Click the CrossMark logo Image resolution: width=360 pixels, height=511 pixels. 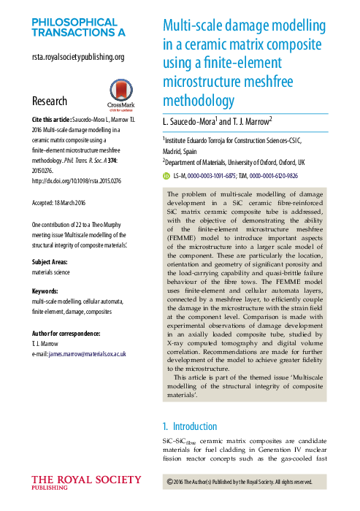pos(112,93)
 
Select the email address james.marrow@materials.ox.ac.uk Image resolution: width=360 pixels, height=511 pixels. pos(89,353)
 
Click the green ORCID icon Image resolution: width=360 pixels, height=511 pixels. pos(166,176)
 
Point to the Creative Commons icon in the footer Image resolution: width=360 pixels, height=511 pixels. pos(171,482)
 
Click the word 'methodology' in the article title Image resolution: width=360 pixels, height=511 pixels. pos(197,100)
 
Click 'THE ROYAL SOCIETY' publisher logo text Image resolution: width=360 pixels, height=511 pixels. pos(86,480)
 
